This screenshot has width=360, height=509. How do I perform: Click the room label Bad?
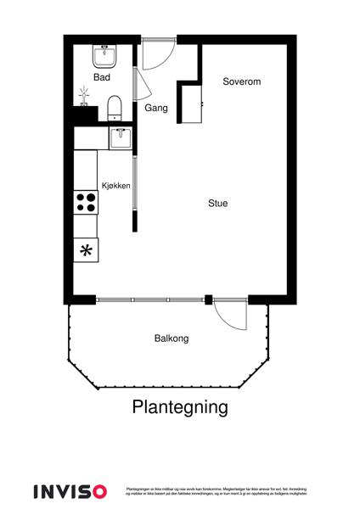[x=102, y=77]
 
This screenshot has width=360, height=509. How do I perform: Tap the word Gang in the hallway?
[x=155, y=108]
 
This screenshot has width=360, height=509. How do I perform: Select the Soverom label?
[x=241, y=82]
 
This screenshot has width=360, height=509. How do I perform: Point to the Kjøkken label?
[x=115, y=185]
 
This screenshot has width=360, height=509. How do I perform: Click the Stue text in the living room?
[x=218, y=204]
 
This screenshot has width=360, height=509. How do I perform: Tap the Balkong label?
[x=172, y=338]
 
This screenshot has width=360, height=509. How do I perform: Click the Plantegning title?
[x=180, y=407]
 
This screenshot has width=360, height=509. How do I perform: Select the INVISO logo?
[x=70, y=491]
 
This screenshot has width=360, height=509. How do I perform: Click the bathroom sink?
[x=107, y=55]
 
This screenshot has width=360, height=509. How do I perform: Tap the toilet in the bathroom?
[x=115, y=108]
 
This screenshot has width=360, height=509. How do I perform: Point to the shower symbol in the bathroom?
[x=84, y=95]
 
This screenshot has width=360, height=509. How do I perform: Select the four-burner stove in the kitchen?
[x=86, y=201]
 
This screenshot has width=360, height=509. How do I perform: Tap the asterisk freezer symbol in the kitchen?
[x=86, y=250]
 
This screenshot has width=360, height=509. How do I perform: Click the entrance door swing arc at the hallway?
[x=158, y=55]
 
